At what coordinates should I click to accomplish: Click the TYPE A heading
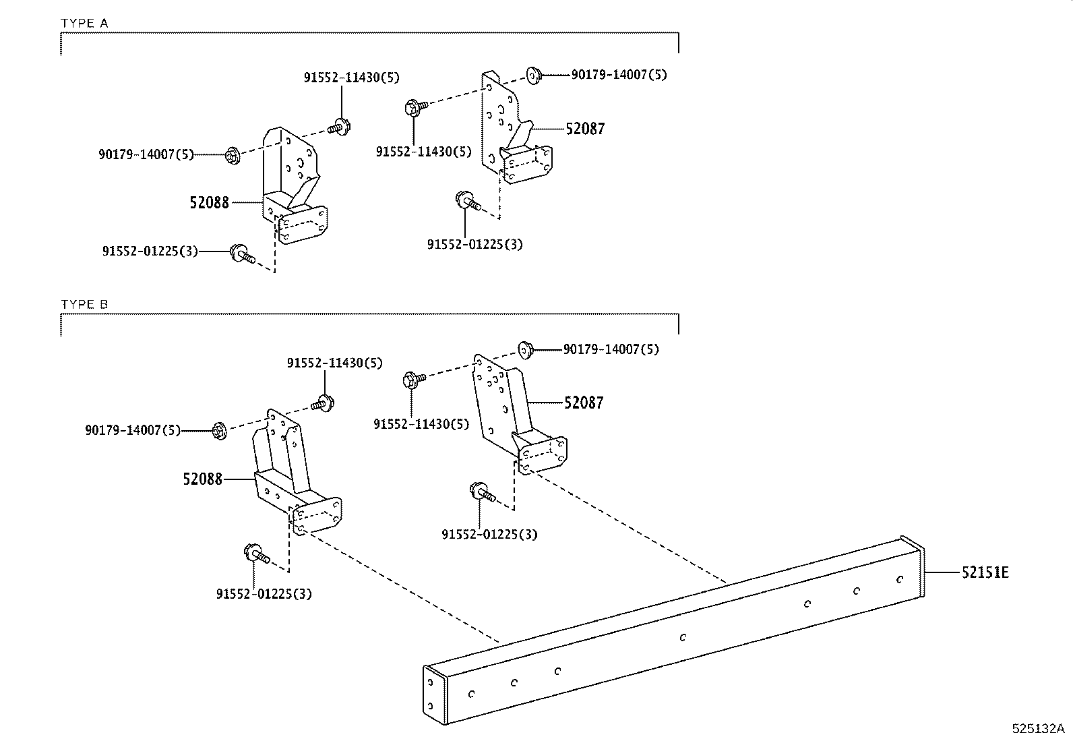[84, 23]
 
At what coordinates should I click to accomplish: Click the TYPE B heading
[84, 304]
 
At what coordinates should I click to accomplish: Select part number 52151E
[985, 573]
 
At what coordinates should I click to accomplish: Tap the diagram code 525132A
[1037, 729]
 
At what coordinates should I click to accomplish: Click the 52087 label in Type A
[585, 129]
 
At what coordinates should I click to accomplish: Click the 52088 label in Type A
[209, 202]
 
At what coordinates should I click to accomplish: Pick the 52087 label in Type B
[584, 403]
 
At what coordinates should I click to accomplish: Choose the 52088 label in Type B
[202, 479]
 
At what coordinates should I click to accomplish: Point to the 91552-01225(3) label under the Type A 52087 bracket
[474, 244]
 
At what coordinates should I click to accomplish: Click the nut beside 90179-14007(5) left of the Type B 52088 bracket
[219, 430]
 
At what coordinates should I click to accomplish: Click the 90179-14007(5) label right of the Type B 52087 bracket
[611, 349]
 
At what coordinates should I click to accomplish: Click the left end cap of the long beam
[435, 695]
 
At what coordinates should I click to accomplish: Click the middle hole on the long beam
[683, 636]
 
